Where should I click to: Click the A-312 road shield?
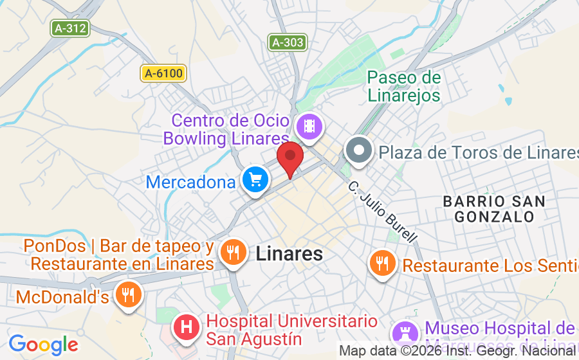tap(69, 28)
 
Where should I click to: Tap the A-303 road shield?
tap(287, 42)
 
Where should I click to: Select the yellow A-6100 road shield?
tap(163, 73)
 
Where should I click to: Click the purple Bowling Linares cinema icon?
tap(309, 125)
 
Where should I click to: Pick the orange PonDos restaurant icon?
tap(232, 252)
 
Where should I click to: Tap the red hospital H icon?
tap(187, 328)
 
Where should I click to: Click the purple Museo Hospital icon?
tap(405, 332)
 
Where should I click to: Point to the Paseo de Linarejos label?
tap(404, 87)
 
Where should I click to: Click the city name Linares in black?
tap(289, 253)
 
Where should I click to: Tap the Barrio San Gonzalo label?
tap(494, 209)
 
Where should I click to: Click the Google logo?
tap(43, 344)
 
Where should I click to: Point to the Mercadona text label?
tap(191, 182)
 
